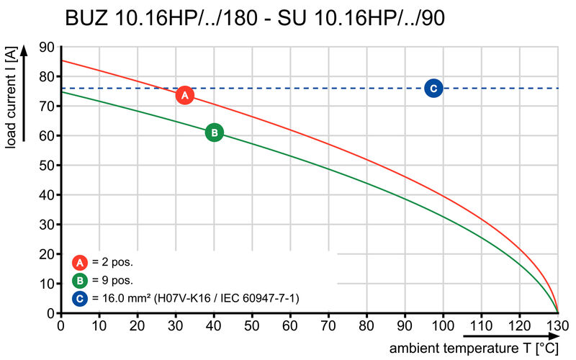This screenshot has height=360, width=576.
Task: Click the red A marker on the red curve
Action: coord(184,95)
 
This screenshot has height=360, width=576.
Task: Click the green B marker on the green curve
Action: coord(214,132)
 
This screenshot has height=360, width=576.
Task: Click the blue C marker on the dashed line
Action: coord(433,89)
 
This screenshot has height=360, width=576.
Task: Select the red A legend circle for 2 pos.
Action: coord(81,263)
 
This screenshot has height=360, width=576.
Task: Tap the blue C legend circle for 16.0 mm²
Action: coord(81,298)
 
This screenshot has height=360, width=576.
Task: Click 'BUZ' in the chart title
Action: coord(87,18)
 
